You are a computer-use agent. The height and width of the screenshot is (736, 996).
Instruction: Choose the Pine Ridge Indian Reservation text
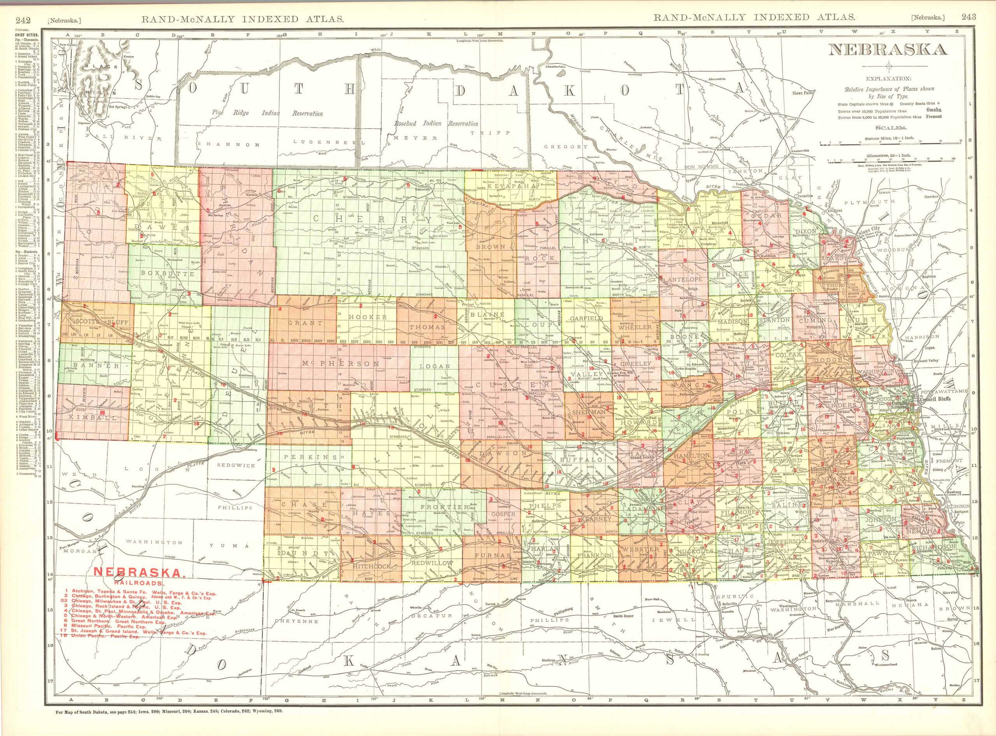tap(268, 113)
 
